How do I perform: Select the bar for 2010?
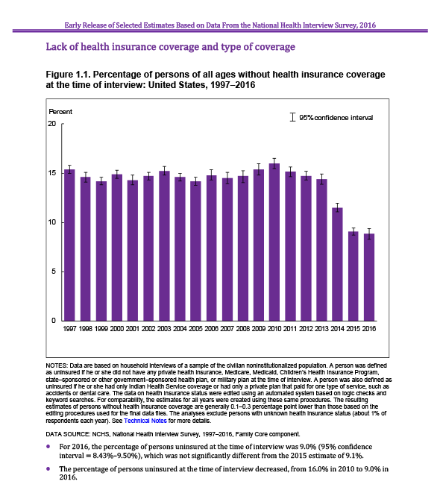(274, 242)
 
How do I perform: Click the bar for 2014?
(337, 264)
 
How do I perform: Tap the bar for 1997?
(69, 245)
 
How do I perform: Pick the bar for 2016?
(369, 277)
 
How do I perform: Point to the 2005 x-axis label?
(195, 329)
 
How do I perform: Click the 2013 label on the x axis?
(321, 329)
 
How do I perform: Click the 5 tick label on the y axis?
(54, 271)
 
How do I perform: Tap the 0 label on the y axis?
(54, 321)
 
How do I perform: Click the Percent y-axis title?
(60, 112)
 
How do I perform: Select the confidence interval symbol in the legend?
(293, 117)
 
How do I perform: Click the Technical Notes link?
(145, 421)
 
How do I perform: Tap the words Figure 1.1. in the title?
(68, 75)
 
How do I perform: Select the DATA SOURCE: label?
(67, 434)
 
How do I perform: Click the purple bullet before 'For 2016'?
(48, 446)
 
